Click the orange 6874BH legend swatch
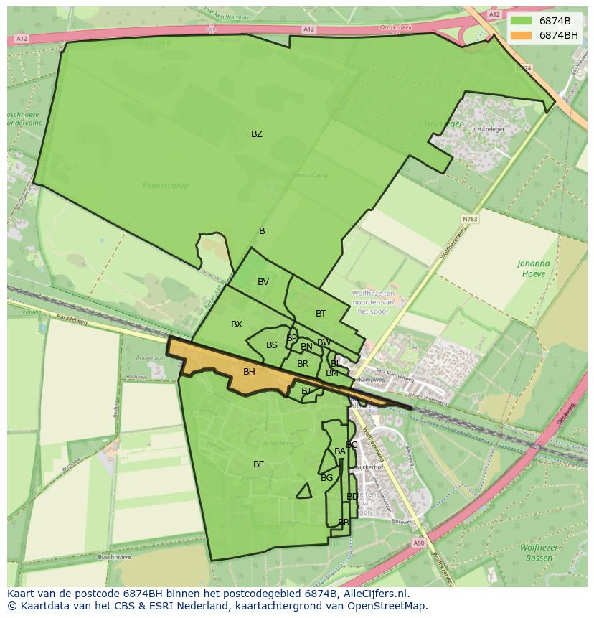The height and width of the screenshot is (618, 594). coord(522,35)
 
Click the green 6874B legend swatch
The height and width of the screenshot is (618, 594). coord(522,21)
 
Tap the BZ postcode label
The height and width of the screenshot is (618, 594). coord(256,134)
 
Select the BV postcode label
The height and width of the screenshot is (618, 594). coord(263,282)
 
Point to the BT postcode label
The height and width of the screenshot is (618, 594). coord(321,314)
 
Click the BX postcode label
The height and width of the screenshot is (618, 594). coord(237,324)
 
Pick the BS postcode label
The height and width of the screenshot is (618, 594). coord(271,345)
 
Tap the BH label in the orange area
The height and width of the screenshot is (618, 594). coord(249,372)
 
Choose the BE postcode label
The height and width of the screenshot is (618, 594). coord(258,464)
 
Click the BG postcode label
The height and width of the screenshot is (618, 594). coord(326,478)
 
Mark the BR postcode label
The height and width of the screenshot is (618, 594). coord(303,364)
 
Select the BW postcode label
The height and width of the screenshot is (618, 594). coord(324,342)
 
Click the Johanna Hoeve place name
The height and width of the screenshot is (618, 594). coord(533,268)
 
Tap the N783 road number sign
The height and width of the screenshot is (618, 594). coord(470,219)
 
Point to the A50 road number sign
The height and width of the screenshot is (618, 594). coord(419,543)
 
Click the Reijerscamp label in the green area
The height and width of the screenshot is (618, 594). coord(165,185)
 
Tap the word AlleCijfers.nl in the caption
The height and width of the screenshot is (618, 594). coord(372,594)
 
